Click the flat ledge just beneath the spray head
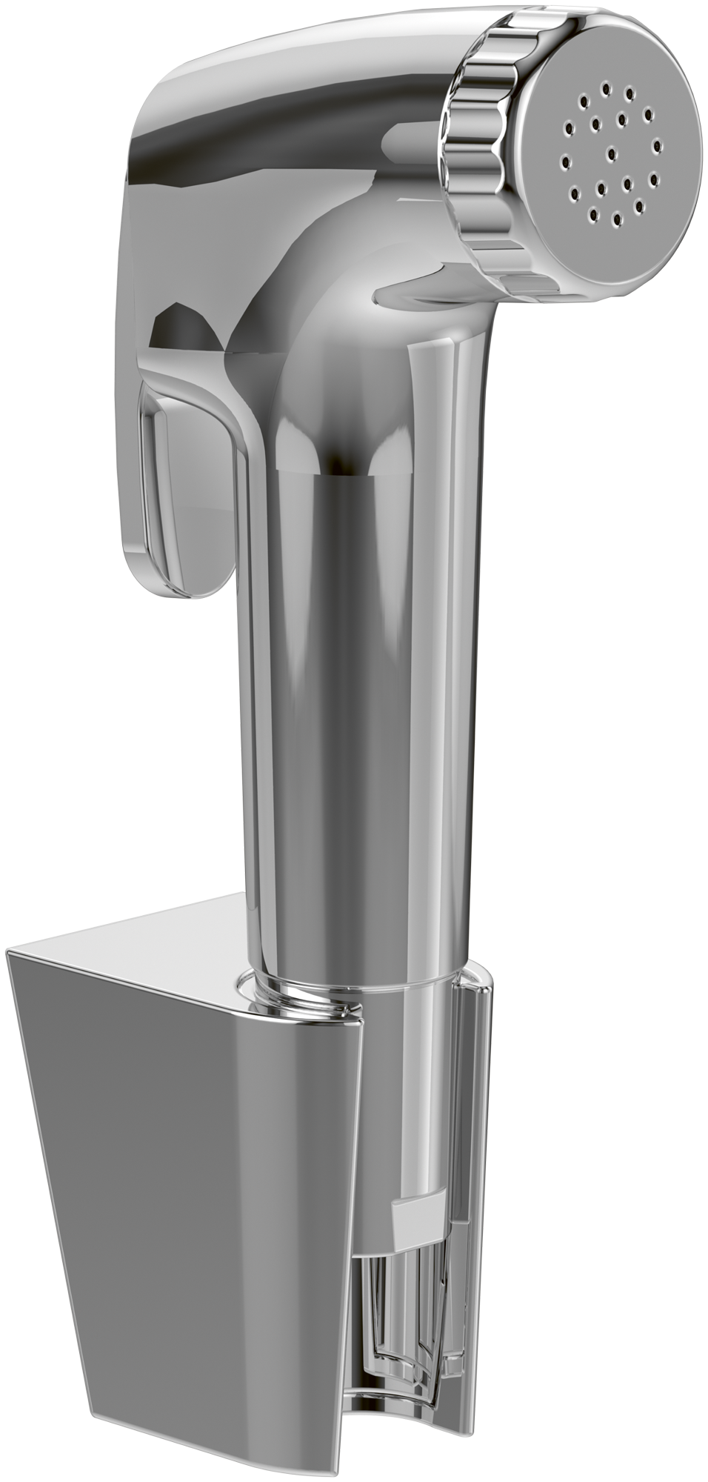(415, 293)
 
